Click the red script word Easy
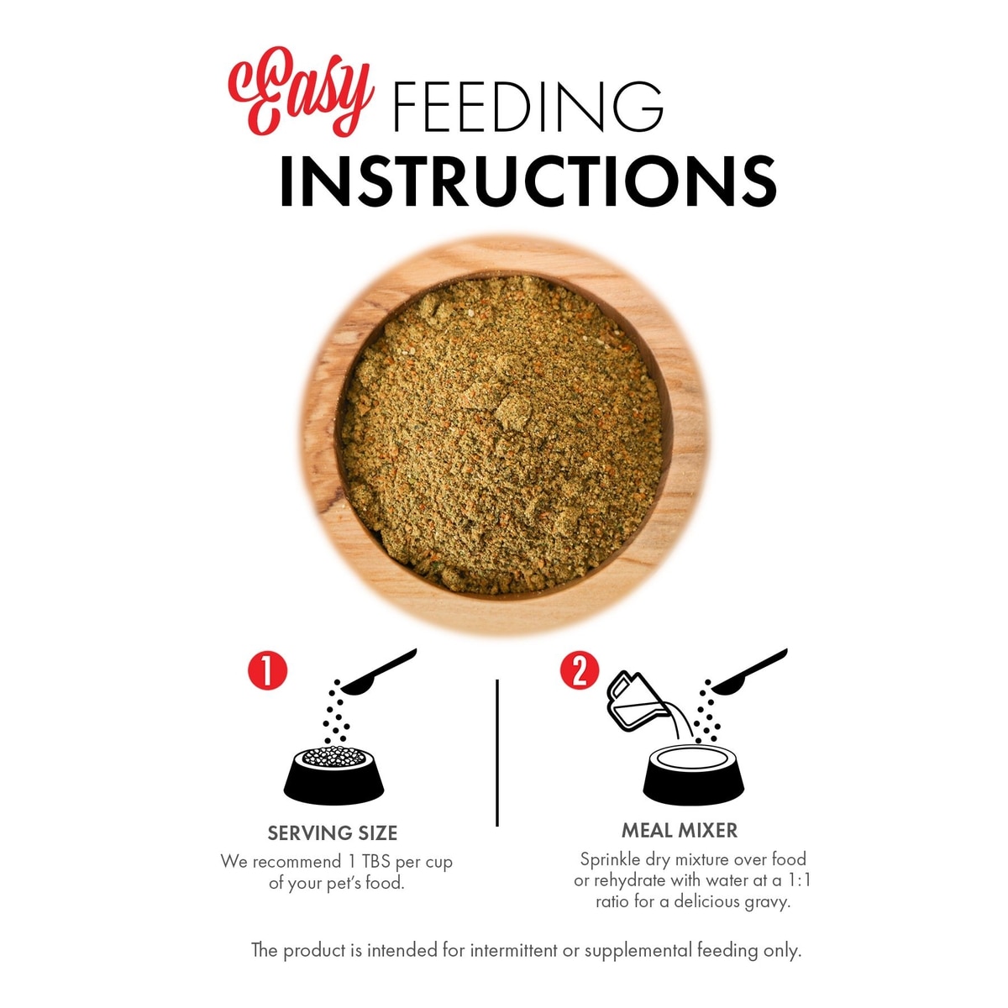point(300,92)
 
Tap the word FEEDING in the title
point(528,106)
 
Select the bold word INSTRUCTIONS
point(528,181)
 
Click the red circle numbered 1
point(267,670)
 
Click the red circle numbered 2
point(580,670)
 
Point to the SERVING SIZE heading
point(333,833)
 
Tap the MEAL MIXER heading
point(680,831)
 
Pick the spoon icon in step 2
point(749,672)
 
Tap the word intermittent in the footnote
point(514,950)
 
